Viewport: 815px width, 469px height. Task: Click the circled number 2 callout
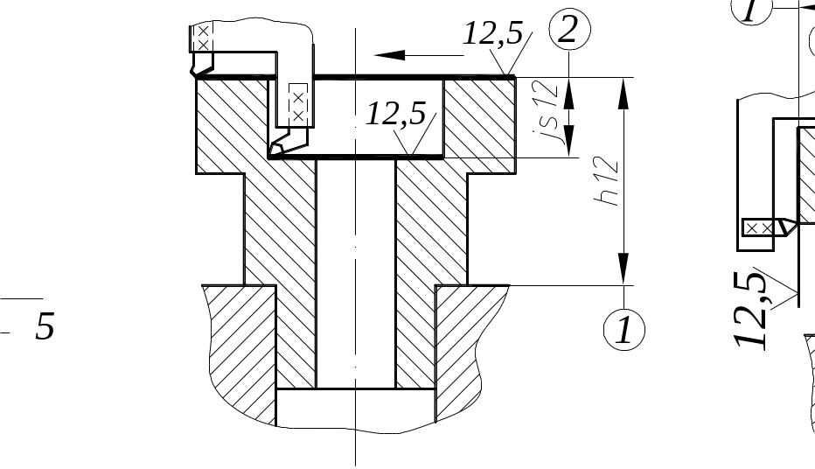click(x=569, y=31)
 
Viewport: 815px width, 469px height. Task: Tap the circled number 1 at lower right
click(x=624, y=331)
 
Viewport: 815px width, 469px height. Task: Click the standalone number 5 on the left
click(x=44, y=327)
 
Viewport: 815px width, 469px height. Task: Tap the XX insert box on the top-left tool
click(x=203, y=38)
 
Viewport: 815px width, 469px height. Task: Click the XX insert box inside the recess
click(x=298, y=103)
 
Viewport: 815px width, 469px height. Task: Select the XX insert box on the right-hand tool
click(x=758, y=227)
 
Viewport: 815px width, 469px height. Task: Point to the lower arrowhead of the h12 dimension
click(x=623, y=267)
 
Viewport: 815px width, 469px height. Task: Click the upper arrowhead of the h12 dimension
click(x=623, y=94)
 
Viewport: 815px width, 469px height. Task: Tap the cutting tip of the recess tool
click(x=274, y=150)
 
